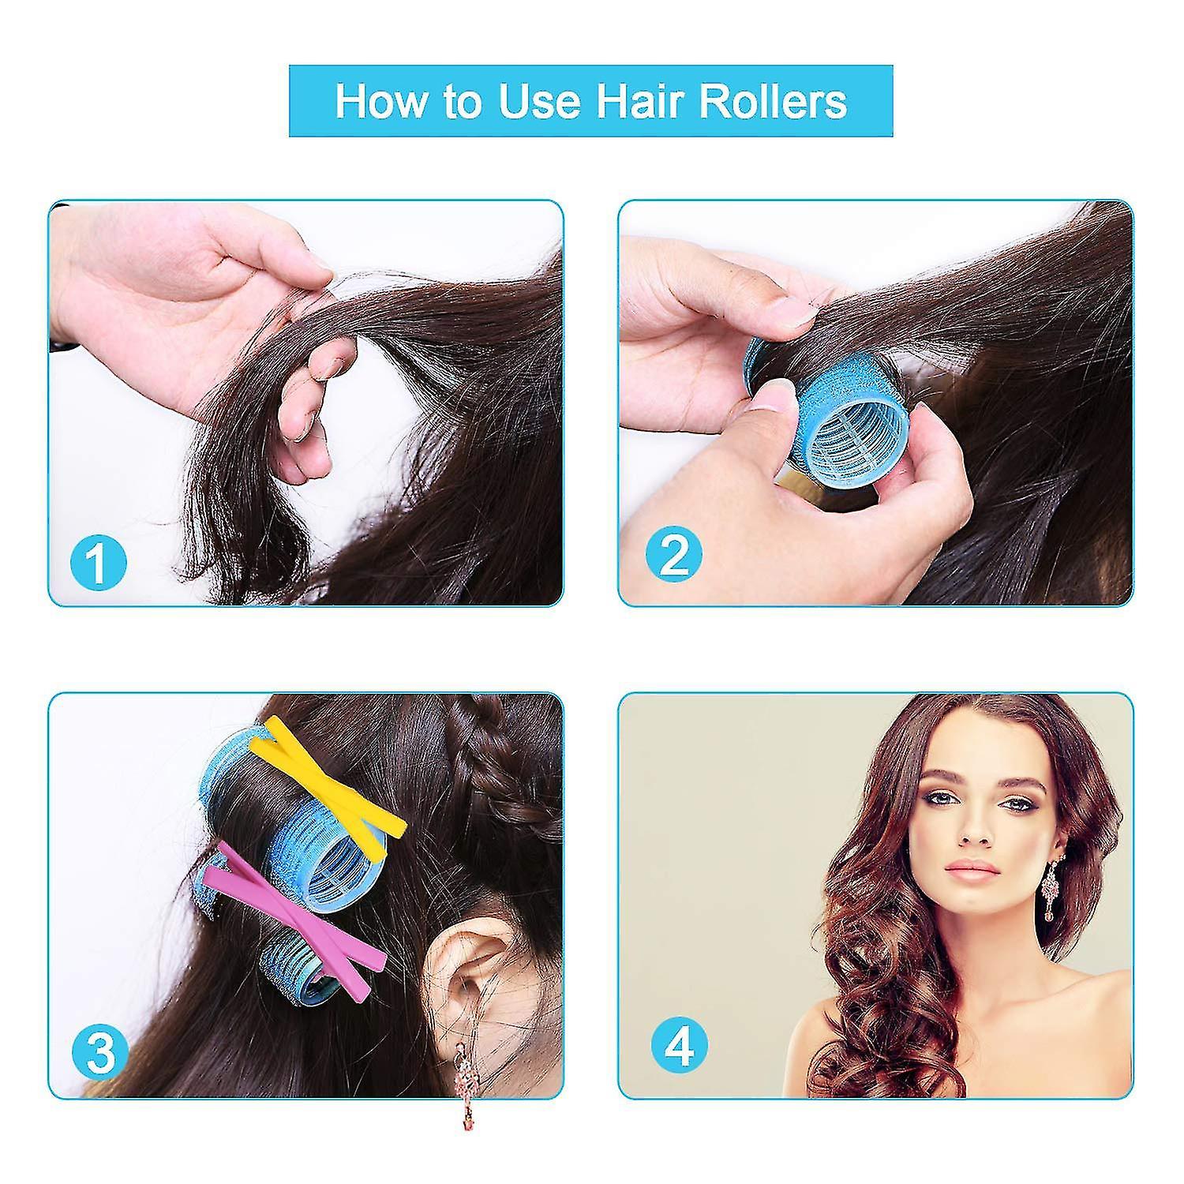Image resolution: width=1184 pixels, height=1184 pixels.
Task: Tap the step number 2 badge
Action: (x=674, y=554)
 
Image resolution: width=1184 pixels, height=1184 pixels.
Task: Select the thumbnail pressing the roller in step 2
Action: (x=772, y=394)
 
